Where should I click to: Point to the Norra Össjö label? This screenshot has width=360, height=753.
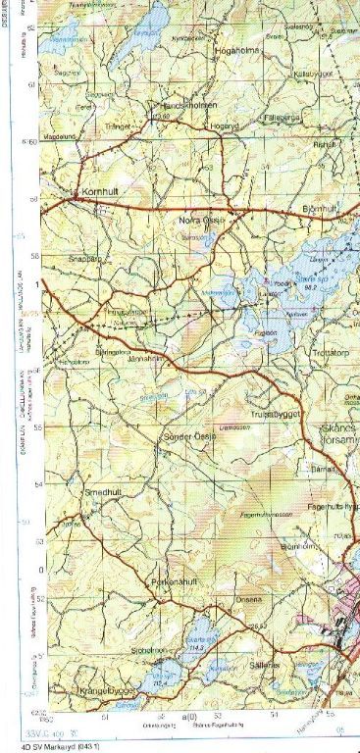tap(202, 221)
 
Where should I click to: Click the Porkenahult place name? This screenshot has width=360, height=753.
tap(176, 581)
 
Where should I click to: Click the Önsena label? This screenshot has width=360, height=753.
tap(245, 600)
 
